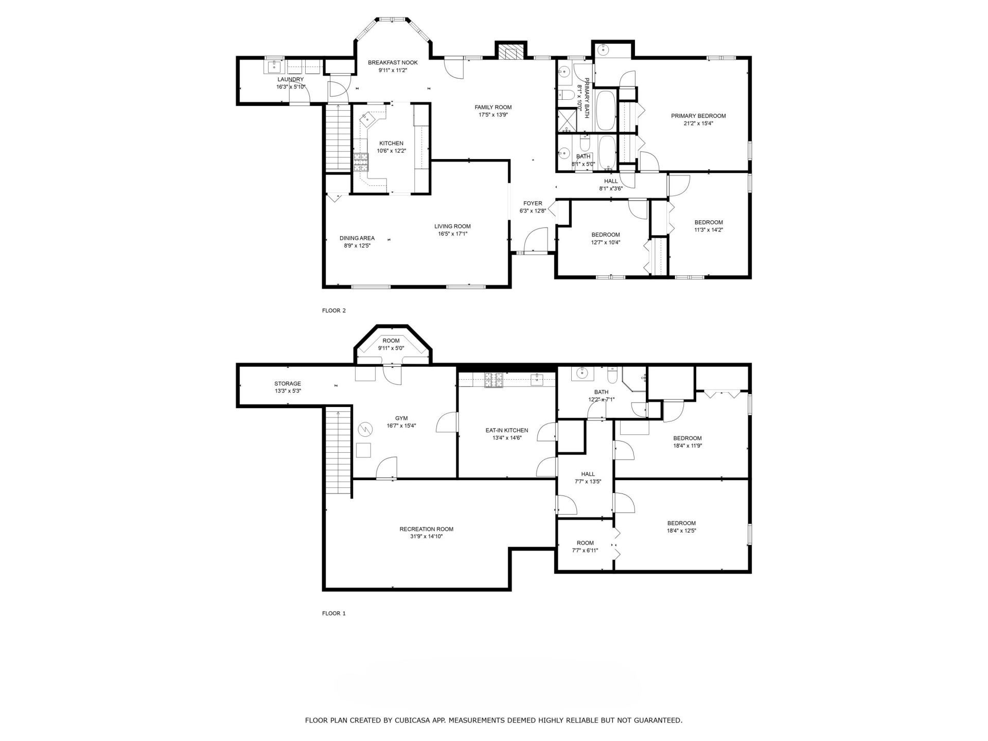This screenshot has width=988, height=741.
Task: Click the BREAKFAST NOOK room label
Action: [393, 63]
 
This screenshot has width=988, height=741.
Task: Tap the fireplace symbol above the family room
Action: [510, 52]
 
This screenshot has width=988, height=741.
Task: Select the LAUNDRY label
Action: [291, 79]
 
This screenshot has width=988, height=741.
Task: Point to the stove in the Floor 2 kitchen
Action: [361, 162]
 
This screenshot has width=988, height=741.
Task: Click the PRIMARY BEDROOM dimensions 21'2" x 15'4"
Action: [698, 123]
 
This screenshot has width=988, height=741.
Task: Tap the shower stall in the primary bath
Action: [568, 119]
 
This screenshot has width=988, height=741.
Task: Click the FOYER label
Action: [533, 203]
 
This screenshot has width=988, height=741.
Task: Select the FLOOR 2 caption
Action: [334, 310]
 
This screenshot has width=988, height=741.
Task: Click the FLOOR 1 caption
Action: [334, 613]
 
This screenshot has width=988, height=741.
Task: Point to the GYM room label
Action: [401, 418]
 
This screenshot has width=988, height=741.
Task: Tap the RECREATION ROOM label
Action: [427, 529]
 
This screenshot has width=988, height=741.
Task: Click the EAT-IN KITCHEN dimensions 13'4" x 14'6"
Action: [507, 438]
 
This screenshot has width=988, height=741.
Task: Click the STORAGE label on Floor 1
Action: [288, 383]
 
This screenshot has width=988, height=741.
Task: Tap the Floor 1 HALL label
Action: [588, 474]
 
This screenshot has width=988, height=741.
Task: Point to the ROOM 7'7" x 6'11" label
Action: [585, 546]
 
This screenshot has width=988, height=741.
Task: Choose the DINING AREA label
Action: [357, 238]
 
